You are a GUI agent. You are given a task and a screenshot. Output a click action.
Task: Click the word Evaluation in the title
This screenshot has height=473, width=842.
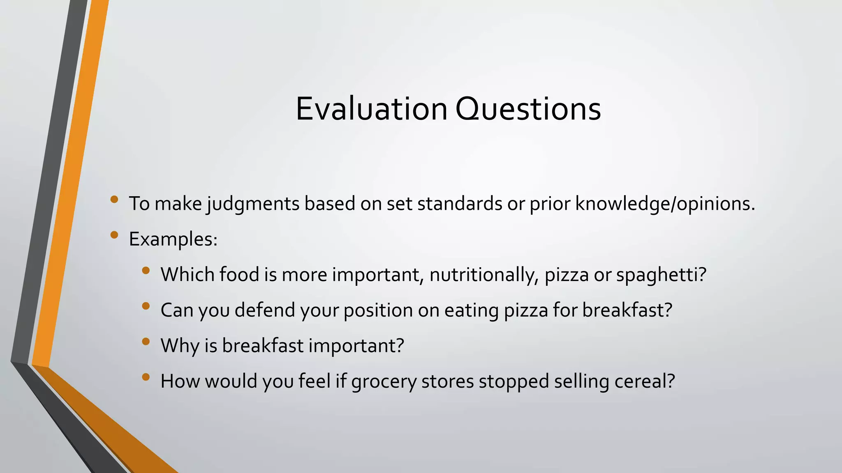(371, 109)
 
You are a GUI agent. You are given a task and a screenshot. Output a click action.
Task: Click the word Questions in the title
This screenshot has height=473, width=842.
(528, 109)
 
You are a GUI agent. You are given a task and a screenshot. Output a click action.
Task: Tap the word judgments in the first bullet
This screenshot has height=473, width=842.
(253, 204)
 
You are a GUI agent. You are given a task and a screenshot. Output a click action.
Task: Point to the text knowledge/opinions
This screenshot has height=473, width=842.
(665, 204)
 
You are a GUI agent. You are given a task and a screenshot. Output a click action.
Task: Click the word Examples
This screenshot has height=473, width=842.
(173, 239)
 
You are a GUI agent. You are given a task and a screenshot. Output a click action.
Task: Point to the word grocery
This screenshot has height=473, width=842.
(384, 381)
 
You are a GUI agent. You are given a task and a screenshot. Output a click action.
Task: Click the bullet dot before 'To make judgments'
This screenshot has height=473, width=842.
(114, 200)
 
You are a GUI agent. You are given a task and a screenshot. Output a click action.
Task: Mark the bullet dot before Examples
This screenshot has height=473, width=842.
(114, 235)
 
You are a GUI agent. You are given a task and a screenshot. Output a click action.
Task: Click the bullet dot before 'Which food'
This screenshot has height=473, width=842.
(146, 271)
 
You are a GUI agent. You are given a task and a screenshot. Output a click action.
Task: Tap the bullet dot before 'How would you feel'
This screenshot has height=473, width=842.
(146, 377)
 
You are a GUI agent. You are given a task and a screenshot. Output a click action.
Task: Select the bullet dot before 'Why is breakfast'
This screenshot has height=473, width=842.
(146, 342)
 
